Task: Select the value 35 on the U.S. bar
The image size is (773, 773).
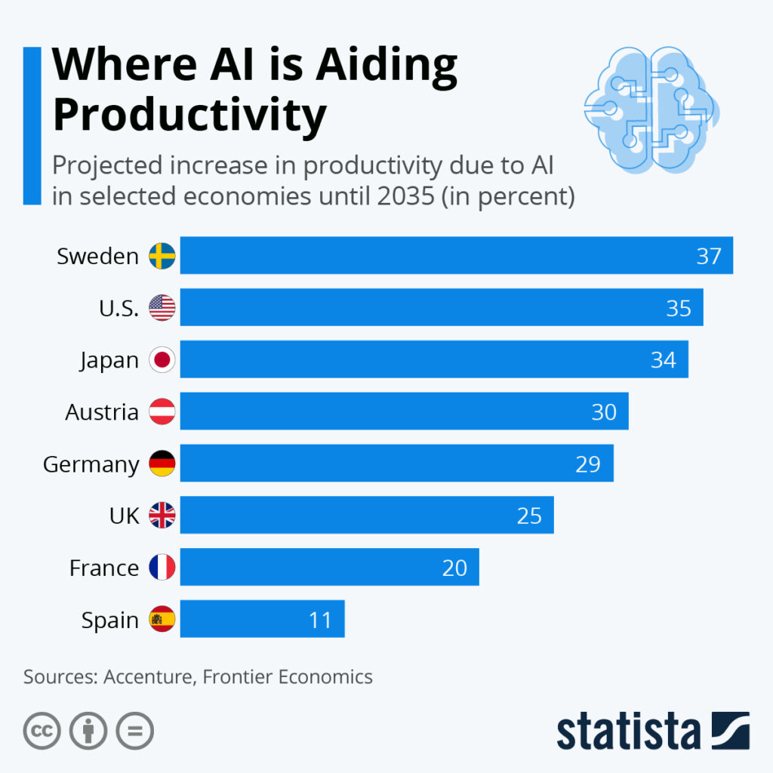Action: point(679,308)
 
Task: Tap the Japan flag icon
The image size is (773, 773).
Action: point(162,360)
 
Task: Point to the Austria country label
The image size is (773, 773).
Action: point(102,412)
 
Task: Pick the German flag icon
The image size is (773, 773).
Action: point(162,463)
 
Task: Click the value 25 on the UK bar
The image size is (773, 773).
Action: point(529,516)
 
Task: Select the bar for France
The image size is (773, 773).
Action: point(329,568)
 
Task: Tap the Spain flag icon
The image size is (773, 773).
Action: point(162,620)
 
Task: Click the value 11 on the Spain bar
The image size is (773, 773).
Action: point(320,620)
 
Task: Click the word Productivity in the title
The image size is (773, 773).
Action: point(189,115)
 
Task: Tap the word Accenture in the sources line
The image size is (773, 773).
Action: point(149,676)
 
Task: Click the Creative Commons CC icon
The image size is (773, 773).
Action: point(42,731)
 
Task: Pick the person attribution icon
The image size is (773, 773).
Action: point(88,731)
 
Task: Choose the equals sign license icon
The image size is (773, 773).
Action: point(134,731)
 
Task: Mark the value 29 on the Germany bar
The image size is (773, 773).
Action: point(587,463)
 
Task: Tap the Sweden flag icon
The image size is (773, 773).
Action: point(162,256)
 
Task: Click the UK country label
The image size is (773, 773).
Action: point(125,516)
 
